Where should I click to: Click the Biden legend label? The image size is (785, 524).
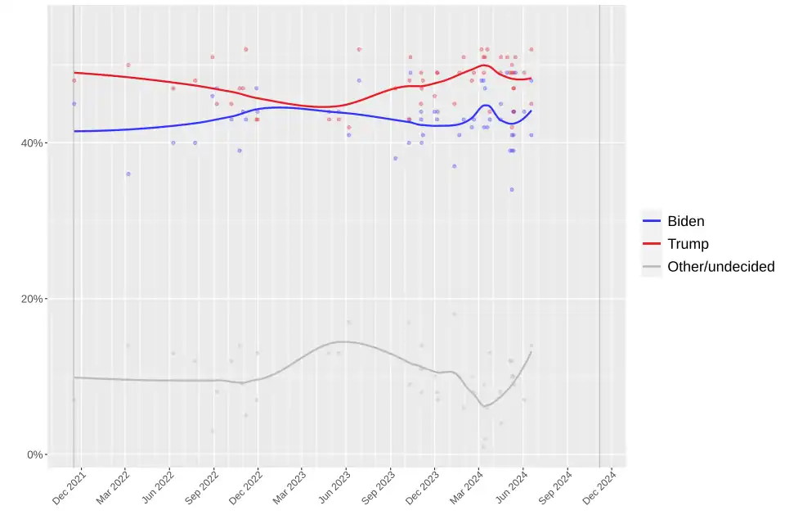pyautogui.click(x=685, y=221)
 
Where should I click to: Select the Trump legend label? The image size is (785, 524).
pyautogui.click(x=688, y=244)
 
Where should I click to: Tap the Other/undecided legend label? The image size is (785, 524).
pyautogui.click(x=720, y=266)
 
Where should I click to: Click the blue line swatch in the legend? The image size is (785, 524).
pyautogui.click(x=652, y=221)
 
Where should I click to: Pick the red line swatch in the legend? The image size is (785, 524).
pyautogui.click(x=652, y=244)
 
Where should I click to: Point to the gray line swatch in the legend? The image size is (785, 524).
pyautogui.click(x=652, y=266)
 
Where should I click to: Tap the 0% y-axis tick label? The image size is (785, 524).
pyautogui.click(x=35, y=454)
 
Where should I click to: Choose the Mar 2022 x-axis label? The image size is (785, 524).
pyautogui.click(x=114, y=488)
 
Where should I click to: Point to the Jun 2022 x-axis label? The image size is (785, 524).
pyautogui.click(x=158, y=488)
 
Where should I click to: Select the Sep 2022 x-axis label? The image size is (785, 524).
pyautogui.click(x=202, y=488)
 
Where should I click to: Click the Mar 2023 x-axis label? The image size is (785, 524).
pyautogui.click(x=290, y=488)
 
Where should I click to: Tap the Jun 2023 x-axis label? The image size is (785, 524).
pyautogui.click(x=334, y=488)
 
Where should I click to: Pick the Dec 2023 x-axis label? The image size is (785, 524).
pyautogui.click(x=423, y=488)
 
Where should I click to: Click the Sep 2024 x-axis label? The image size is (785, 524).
pyautogui.click(x=555, y=488)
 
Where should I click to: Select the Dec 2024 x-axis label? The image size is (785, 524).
pyautogui.click(x=599, y=488)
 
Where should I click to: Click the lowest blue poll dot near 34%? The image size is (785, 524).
pyautogui.click(x=512, y=189)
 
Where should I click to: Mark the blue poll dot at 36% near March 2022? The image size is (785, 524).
pyautogui.click(x=128, y=174)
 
